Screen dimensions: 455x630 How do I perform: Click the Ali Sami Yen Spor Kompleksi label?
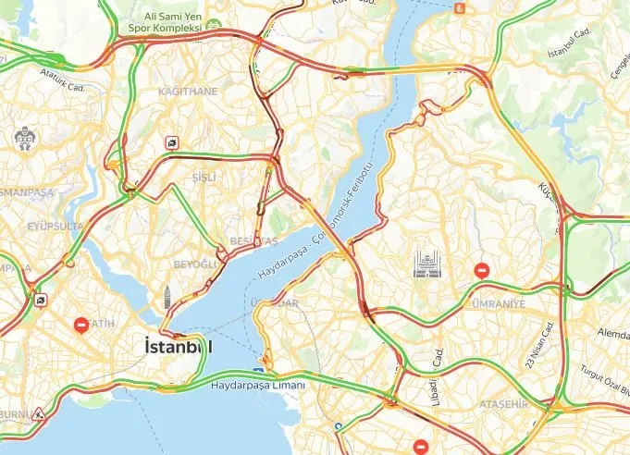tap(173, 22)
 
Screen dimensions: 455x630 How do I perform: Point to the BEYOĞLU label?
tap(195, 264)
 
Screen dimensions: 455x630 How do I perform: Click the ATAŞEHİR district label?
tap(502, 404)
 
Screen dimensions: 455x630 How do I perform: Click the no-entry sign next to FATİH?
tap(81, 326)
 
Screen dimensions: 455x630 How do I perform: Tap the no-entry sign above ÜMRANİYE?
tap(482, 271)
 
